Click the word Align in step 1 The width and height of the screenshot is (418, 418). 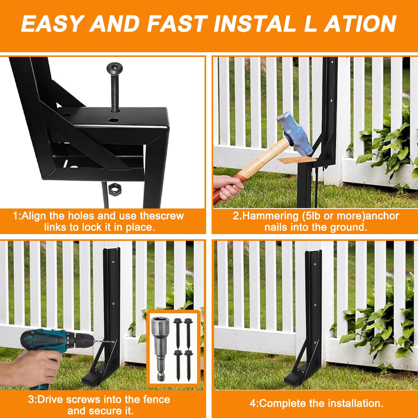point(34,216)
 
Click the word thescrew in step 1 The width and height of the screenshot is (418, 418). point(162,216)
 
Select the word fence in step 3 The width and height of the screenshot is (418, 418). point(156,400)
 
